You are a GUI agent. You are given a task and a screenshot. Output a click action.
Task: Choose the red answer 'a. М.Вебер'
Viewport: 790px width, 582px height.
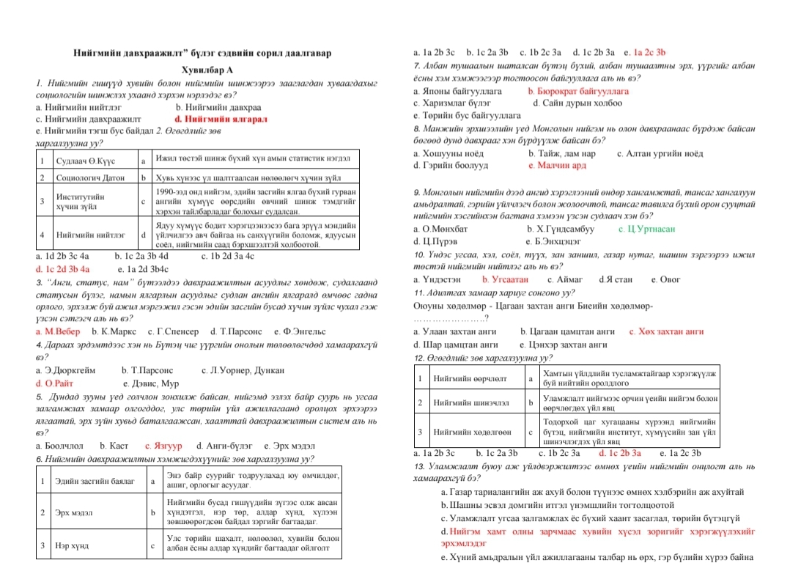click(59, 332)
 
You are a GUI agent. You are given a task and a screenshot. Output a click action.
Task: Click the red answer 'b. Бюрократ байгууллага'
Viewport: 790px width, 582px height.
click(578, 92)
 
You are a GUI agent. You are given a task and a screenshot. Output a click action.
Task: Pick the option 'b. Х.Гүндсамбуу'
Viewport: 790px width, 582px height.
click(561, 229)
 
